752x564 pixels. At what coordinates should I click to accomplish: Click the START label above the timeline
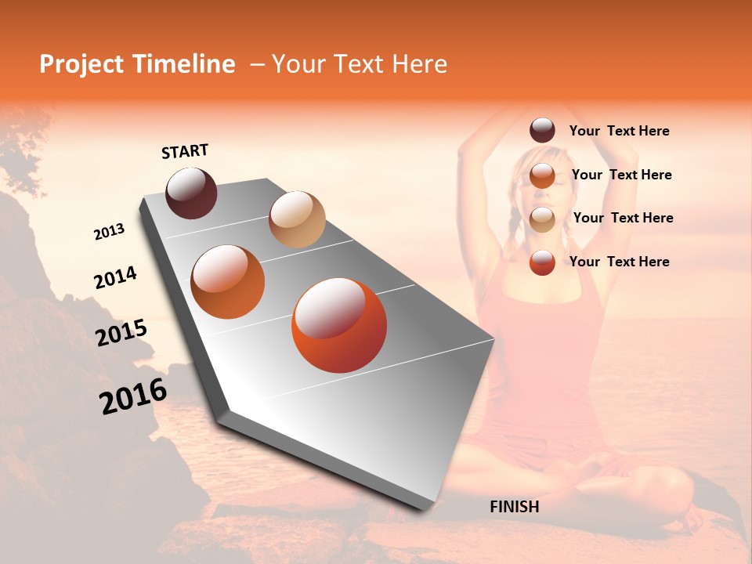click(x=185, y=151)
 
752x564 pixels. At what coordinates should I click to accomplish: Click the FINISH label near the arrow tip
click(x=514, y=507)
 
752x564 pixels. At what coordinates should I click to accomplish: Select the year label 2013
click(x=109, y=232)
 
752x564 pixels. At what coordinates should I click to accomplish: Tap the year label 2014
click(x=115, y=278)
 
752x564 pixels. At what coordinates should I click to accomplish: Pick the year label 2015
click(x=121, y=333)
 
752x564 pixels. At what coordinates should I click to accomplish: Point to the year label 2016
click(x=133, y=396)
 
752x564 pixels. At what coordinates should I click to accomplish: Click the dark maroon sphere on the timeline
click(x=191, y=193)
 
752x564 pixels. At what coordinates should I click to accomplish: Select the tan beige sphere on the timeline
click(x=297, y=219)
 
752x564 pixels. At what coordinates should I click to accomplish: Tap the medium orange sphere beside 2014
click(x=227, y=282)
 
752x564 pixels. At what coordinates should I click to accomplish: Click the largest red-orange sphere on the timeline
click(x=339, y=325)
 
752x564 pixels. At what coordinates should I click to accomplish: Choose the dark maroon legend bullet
click(x=542, y=131)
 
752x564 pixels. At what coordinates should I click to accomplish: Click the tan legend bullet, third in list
click(x=542, y=219)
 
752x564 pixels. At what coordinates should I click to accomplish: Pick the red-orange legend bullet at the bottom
click(x=542, y=262)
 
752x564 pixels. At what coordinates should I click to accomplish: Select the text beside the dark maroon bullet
click(x=619, y=132)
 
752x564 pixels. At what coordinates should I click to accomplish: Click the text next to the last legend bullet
click(x=619, y=262)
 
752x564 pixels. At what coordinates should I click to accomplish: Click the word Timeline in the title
click(x=183, y=64)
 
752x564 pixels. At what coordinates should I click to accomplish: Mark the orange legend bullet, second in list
click(x=542, y=175)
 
